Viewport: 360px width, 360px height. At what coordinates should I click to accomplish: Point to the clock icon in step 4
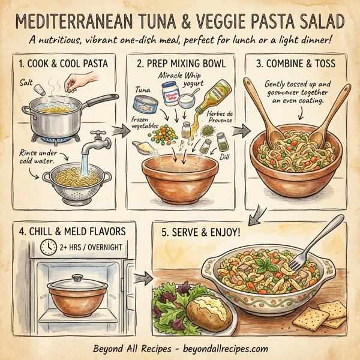tap(47, 246)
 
